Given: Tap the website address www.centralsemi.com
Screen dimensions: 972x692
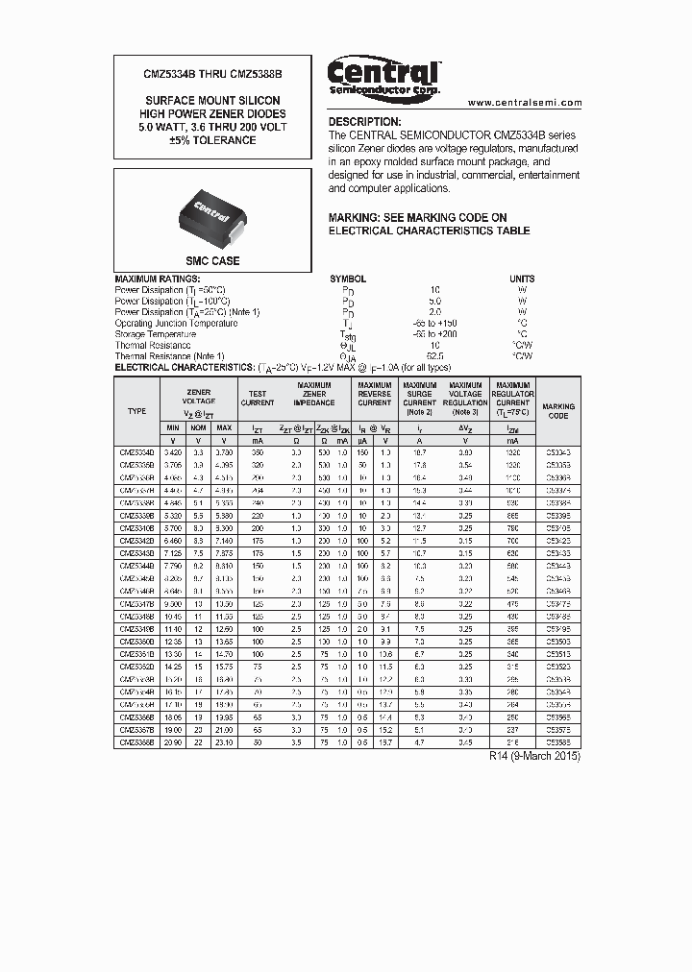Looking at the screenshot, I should pyautogui.click(x=524, y=103).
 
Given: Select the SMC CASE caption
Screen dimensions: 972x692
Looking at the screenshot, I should pyautogui.click(x=212, y=261).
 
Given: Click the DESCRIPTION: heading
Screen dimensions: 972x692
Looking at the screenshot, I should pyautogui.click(x=364, y=122).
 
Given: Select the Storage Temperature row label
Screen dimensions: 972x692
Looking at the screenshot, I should pyautogui.click(x=156, y=334).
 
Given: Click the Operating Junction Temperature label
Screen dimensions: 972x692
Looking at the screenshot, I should pyautogui.click(x=176, y=324).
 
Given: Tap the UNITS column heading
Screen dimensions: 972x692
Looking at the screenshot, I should pyautogui.click(x=523, y=279).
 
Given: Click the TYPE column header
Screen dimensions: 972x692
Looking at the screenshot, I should pyautogui.click(x=136, y=411).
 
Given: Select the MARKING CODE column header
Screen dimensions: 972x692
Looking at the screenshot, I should pyautogui.click(x=558, y=411).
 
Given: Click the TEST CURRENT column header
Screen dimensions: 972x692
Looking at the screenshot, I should pyautogui.click(x=258, y=399).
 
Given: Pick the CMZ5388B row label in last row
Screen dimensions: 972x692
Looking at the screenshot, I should pyautogui.click(x=136, y=742).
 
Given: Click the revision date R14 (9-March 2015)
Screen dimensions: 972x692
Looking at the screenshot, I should pyautogui.click(x=534, y=756).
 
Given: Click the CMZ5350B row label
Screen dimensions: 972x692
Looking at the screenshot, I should pyautogui.click(x=136, y=639).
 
